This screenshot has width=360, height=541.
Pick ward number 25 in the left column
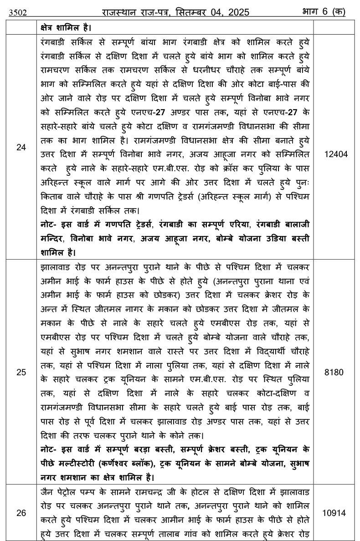pyautogui.click(x=21, y=372)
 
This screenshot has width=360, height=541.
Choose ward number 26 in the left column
pyautogui.click(x=21, y=513)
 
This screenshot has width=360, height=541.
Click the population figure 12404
pyautogui.click(x=336, y=154)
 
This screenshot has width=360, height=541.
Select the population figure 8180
pyautogui.click(x=336, y=372)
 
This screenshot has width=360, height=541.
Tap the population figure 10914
pyautogui.click(x=336, y=513)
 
